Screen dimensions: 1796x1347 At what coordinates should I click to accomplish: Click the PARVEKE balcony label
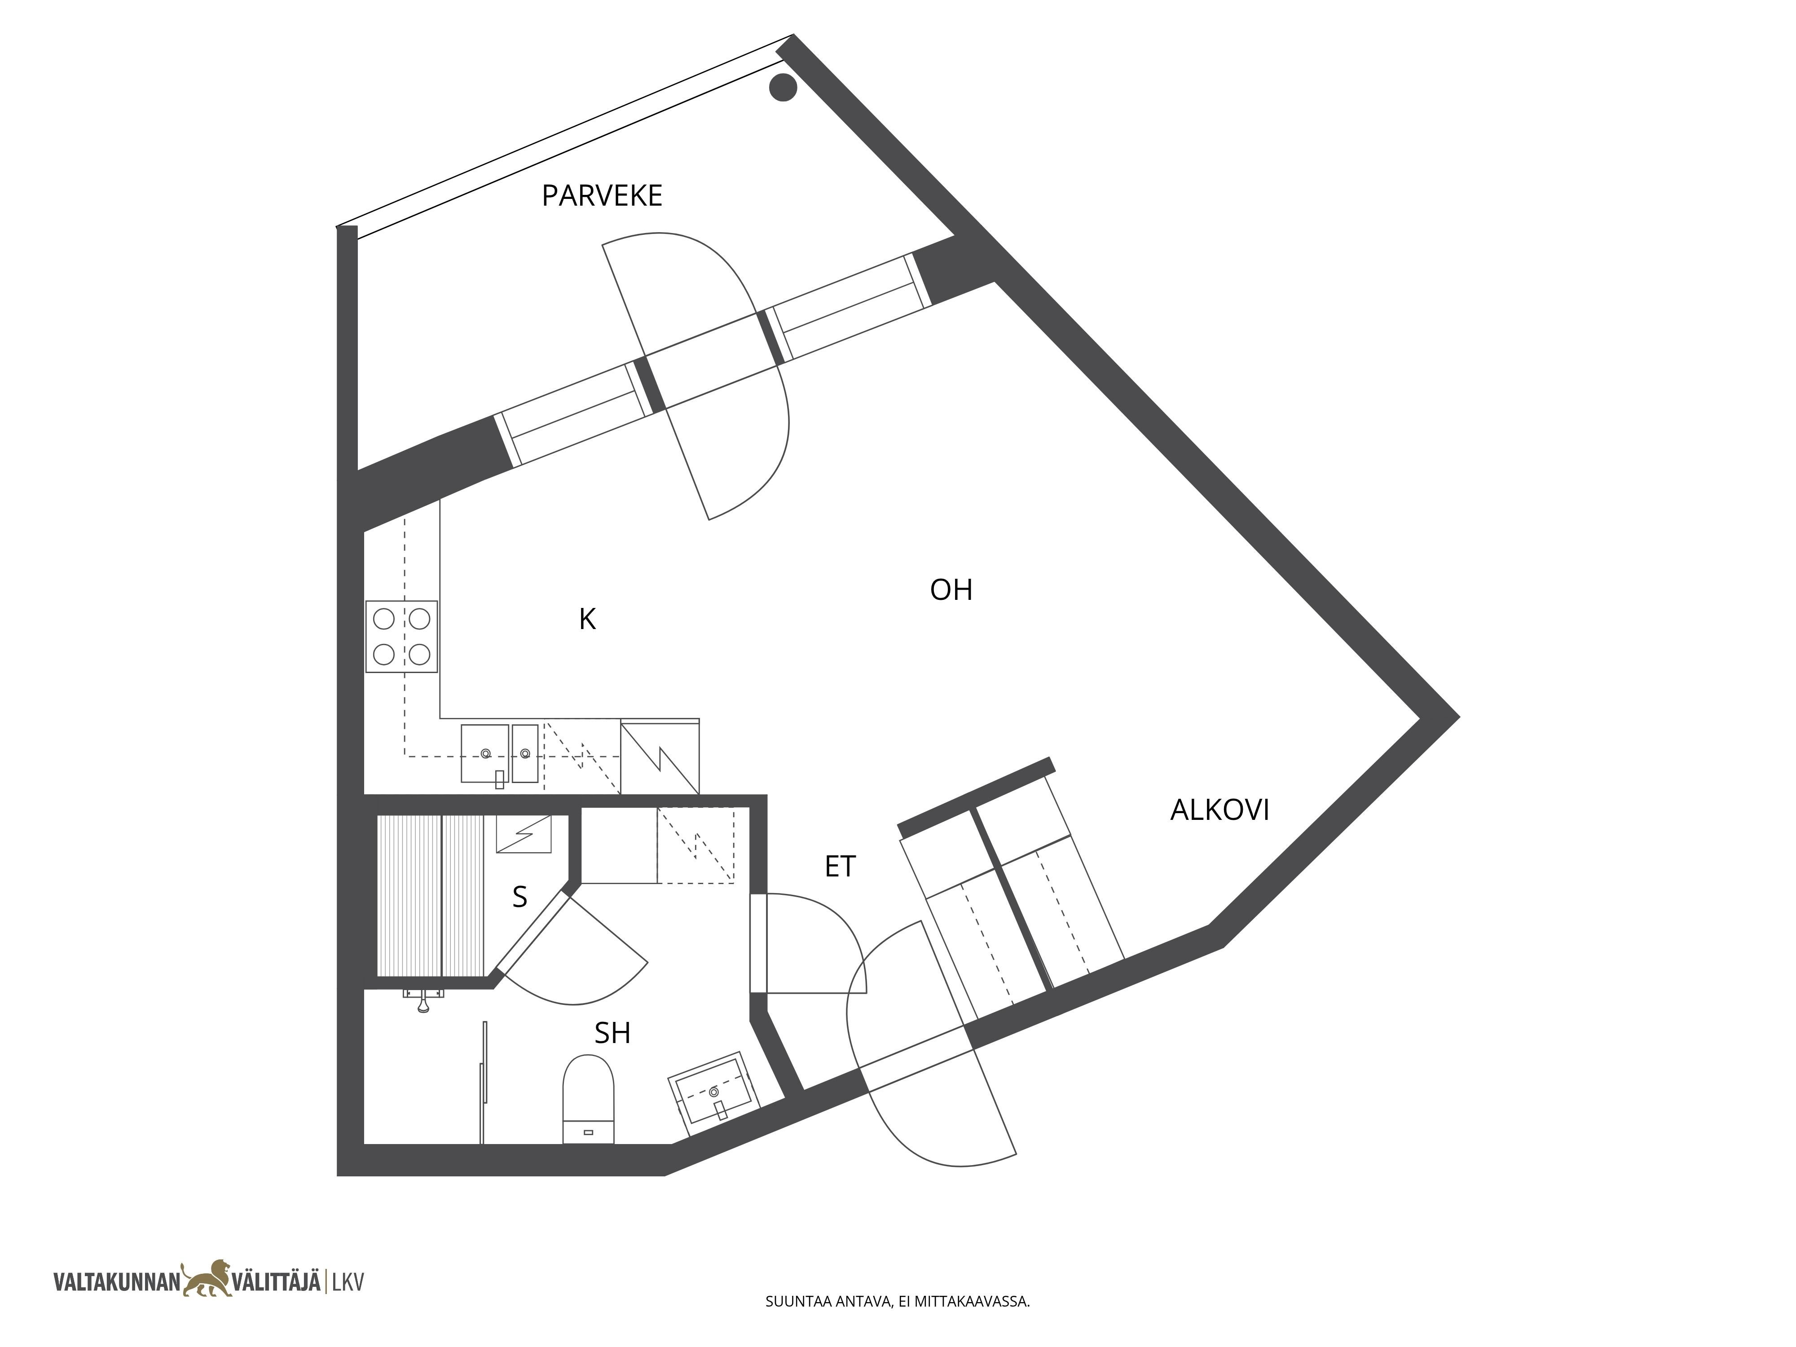pos(602,196)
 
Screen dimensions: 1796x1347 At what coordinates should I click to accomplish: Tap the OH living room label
pos(951,590)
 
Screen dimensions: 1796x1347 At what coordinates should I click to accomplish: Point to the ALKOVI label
pos(1219,810)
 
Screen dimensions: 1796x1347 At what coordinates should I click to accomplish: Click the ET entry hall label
pos(841,867)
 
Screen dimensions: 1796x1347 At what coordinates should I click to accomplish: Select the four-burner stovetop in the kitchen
pos(402,637)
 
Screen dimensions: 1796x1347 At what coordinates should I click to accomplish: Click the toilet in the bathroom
pos(589,1099)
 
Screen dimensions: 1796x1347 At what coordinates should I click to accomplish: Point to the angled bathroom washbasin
pos(714,1095)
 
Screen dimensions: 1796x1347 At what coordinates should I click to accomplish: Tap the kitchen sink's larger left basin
pos(485,753)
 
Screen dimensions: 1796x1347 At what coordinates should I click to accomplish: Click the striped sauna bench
pos(430,896)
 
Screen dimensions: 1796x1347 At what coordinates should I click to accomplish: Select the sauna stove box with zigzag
pos(524,834)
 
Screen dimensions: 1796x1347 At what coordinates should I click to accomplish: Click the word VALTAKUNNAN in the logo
pos(116,1282)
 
